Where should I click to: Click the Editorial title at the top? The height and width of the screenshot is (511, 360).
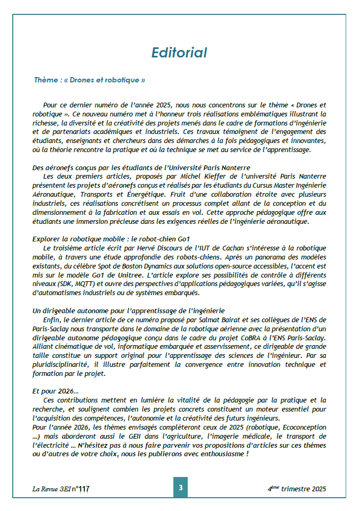[x=179, y=53]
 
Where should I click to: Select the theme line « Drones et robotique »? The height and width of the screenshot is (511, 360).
[x=89, y=80]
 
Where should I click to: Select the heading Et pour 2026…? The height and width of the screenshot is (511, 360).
[x=55, y=391]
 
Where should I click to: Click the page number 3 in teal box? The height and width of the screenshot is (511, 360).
[x=180, y=487]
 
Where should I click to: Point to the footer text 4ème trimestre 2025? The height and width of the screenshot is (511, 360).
[x=297, y=489]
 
